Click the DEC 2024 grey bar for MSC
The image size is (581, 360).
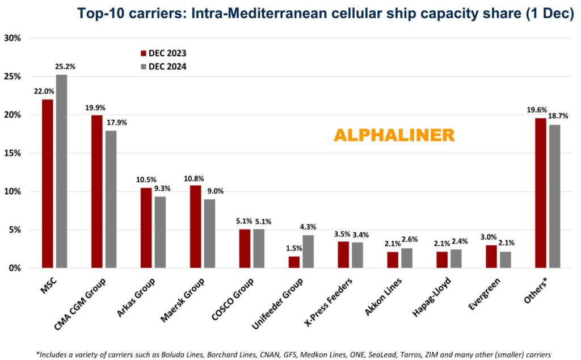tap(61, 171)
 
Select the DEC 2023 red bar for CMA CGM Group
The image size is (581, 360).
tap(97, 191)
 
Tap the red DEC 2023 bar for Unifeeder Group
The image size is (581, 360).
tap(294, 262)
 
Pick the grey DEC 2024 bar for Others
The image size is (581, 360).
tap(554, 196)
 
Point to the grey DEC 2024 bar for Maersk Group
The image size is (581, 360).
tap(209, 233)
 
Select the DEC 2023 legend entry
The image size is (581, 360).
tap(164, 53)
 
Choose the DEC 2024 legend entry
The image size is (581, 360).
tap(164, 66)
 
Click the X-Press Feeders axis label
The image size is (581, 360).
tap(329, 302)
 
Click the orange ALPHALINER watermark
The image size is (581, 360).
tap(394, 135)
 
